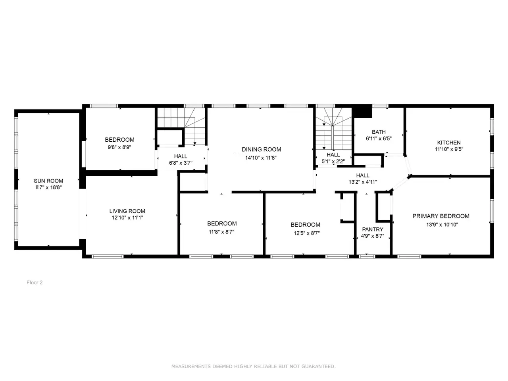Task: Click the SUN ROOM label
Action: coord(48,181)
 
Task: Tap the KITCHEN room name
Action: coord(449,142)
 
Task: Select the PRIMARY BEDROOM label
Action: coord(441,216)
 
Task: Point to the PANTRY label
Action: coord(373,229)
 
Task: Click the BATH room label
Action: coord(379,132)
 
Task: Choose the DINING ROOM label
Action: coord(261,150)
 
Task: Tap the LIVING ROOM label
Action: coord(127,211)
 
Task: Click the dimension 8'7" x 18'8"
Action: coord(48,187)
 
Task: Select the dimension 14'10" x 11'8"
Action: coord(261,158)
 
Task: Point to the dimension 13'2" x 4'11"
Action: coord(363,182)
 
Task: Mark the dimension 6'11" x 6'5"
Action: coord(379,139)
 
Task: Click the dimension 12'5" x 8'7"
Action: coord(307,233)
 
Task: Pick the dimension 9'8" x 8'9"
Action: coord(119,147)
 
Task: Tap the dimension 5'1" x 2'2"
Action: coord(333,162)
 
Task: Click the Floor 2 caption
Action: coord(35,283)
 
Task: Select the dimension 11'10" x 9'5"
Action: coord(449,149)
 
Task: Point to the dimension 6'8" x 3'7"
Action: coord(181,163)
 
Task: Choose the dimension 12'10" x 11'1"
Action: coord(127,217)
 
